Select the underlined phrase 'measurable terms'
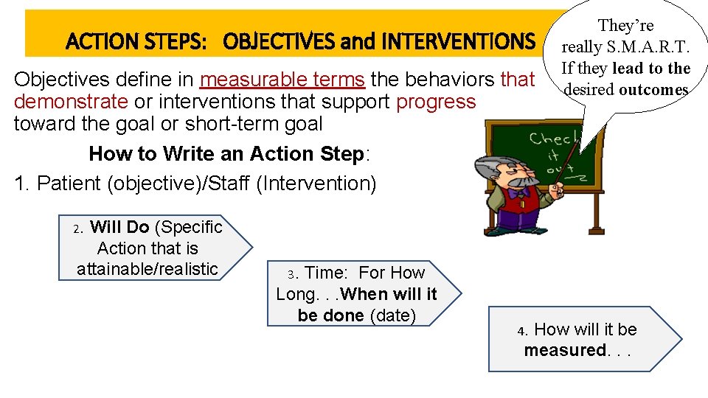pos(282,79)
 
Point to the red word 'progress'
pos(436,101)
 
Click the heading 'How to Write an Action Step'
pos(226,153)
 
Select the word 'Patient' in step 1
pos(67,183)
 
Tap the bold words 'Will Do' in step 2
pos(119,228)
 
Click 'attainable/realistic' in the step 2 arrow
pos(147,269)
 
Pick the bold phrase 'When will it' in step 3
pos(389,294)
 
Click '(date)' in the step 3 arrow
pos(392,315)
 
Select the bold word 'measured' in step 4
pos(565,350)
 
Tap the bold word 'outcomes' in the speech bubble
pos(653,90)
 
